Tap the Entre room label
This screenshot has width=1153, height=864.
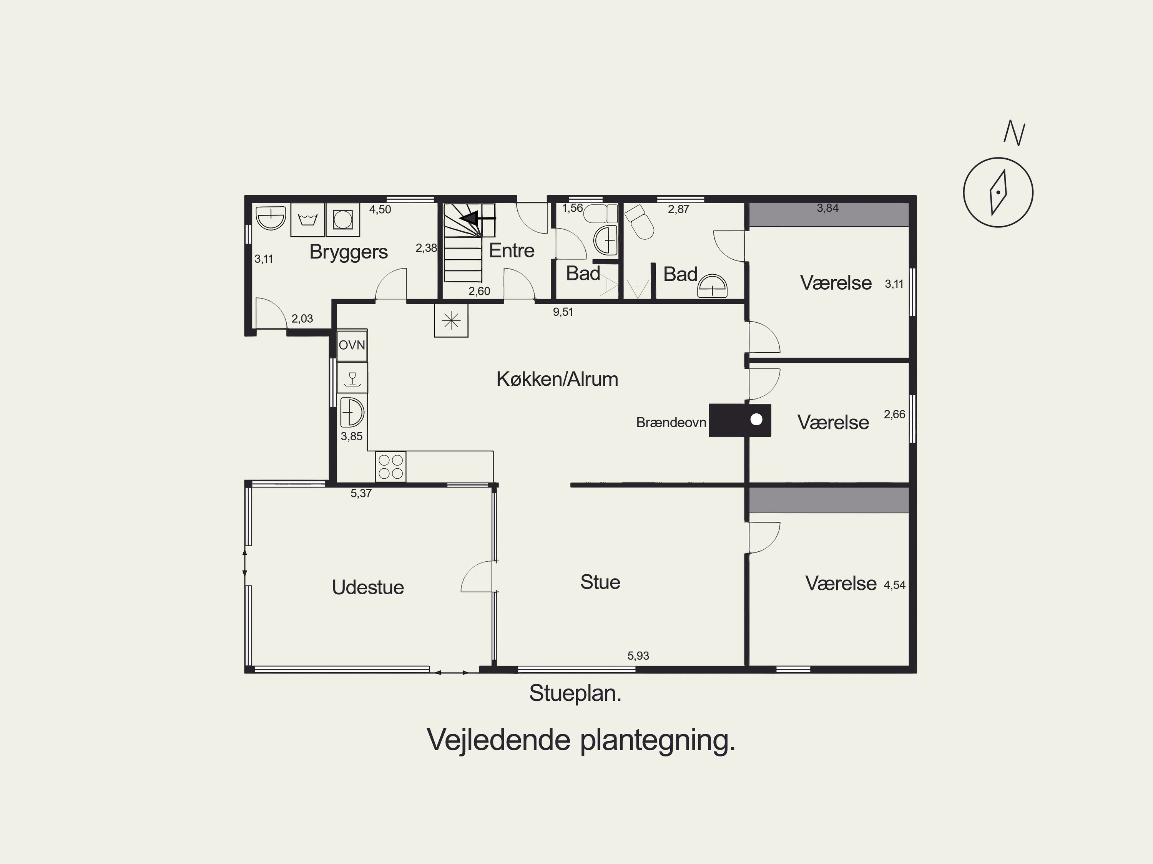(x=511, y=250)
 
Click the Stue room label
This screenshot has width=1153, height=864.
(x=600, y=582)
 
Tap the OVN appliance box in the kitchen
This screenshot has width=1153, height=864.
(x=352, y=345)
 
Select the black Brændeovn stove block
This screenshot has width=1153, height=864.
(x=740, y=420)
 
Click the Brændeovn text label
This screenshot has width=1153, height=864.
(x=671, y=422)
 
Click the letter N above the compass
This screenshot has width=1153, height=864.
(x=1014, y=133)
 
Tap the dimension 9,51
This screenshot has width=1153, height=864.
(x=563, y=312)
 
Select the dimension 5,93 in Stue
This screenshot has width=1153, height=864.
(x=638, y=655)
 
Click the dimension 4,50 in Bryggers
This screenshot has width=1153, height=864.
(x=380, y=209)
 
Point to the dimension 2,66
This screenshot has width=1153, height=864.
(x=894, y=414)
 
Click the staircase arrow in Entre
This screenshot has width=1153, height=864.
(x=477, y=217)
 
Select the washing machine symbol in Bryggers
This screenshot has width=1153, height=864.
(x=343, y=219)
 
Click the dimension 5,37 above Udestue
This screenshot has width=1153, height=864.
(x=361, y=494)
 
